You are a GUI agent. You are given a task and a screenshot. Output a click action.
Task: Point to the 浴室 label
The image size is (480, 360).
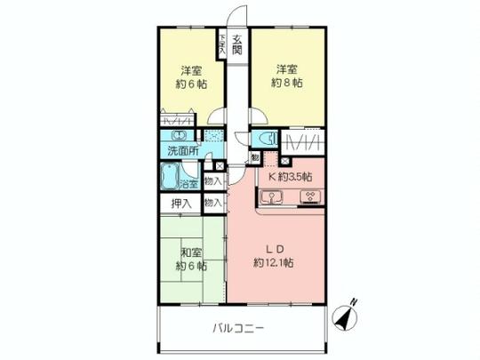(x=188, y=185)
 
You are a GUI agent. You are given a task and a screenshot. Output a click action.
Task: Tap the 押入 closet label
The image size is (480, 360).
(x=180, y=203)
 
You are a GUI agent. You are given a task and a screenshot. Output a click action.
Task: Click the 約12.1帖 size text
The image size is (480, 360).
(x=275, y=262)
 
